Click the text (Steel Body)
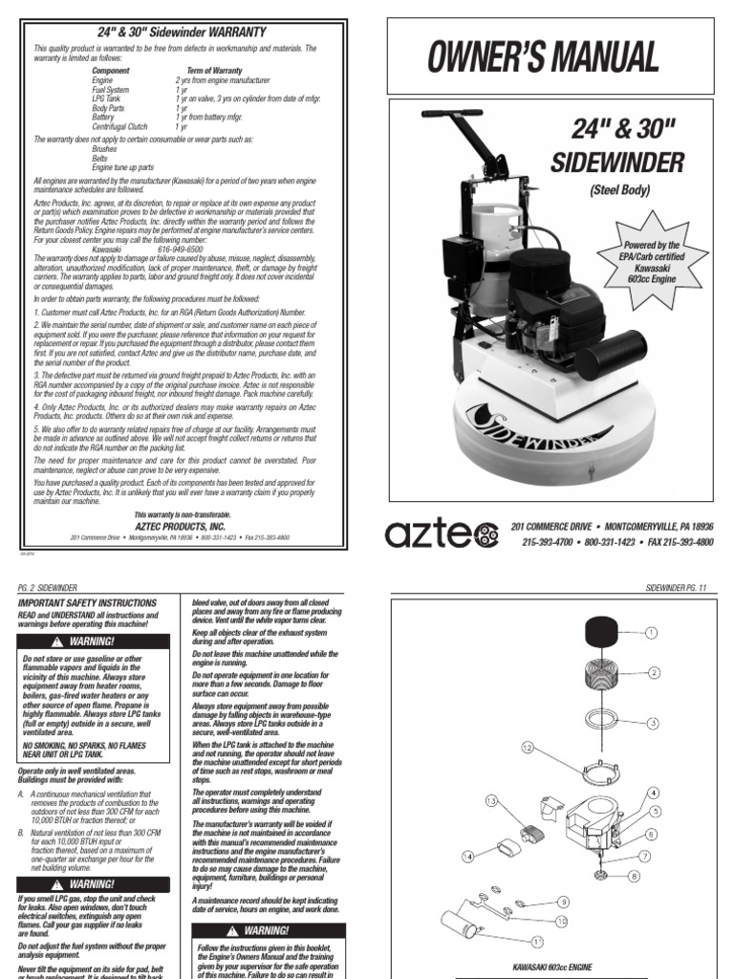coord(618,190)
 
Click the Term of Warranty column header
coord(208,71)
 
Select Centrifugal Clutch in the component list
coord(119,126)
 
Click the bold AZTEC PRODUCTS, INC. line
coord(180,525)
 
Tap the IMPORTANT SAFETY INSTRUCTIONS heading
coord(87,603)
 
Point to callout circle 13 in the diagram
coord(491,799)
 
